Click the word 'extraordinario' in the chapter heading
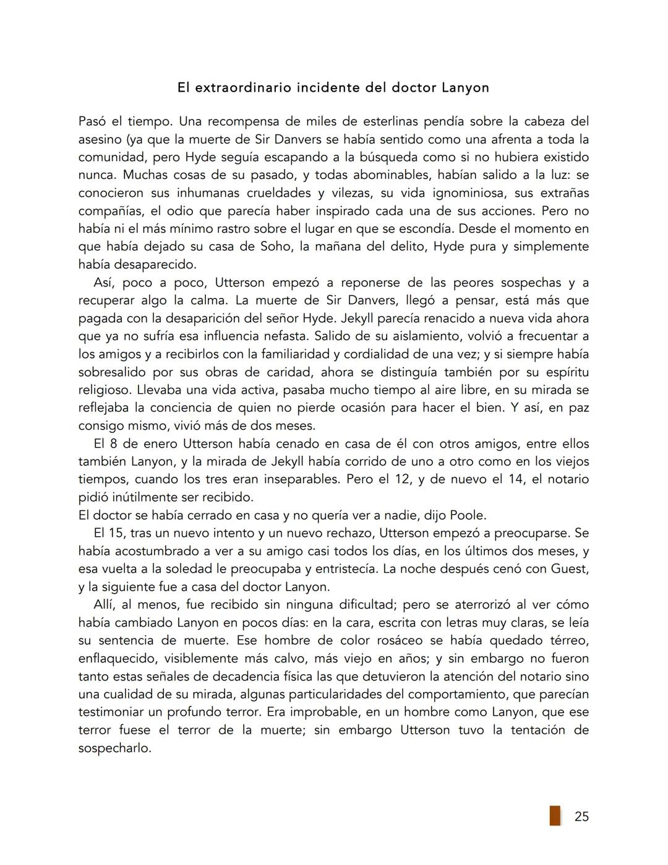(x=242, y=88)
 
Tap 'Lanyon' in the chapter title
(x=465, y=88)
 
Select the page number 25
(x=581, y=817)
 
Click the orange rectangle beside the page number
(x=555, y=815)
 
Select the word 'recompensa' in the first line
(x=251, y=121)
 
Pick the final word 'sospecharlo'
(x=114, y=749)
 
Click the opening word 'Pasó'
(x=92, y=121)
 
